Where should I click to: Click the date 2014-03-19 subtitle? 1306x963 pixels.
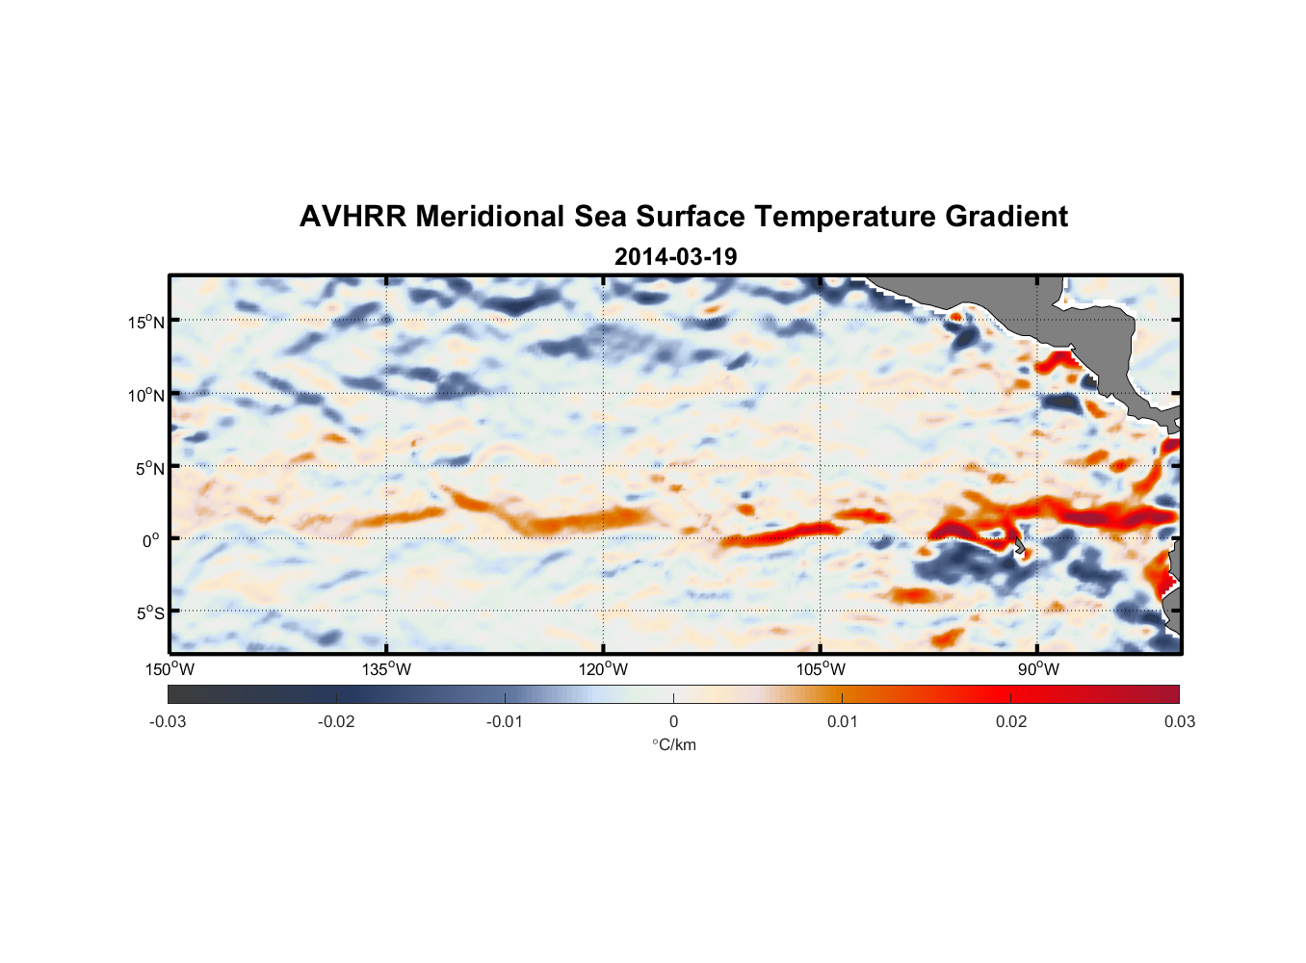pos(675,257)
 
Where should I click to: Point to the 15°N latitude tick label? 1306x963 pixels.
pos(145,322)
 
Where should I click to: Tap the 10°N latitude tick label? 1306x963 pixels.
pos(145,395)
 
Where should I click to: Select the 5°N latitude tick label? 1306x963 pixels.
pos(149,468)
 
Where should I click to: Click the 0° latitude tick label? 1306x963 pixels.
pos(151,540)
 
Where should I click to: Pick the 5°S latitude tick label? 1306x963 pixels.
pos(149,613)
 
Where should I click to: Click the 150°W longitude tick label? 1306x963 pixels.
pos(170,669)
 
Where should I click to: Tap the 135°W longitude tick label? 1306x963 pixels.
pos(386,669)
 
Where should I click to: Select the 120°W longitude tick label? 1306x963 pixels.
pos(603,669)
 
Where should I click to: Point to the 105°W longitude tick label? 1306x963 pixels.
pos(821,669)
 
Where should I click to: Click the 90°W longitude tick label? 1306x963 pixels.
pos(1038,669)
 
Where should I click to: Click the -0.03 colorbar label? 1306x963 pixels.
pos(168,721)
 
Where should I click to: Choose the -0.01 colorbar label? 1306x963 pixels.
pos(505,721)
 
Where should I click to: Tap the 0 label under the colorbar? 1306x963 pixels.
pos(673,721)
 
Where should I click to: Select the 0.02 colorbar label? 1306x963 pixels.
pos(1010,721)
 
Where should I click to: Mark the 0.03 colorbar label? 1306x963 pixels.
pos(1179,721)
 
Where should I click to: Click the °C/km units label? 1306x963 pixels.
pos(673,744)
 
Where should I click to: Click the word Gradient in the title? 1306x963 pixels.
pos(1006,217)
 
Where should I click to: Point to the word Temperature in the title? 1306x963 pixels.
pos(845,217)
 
